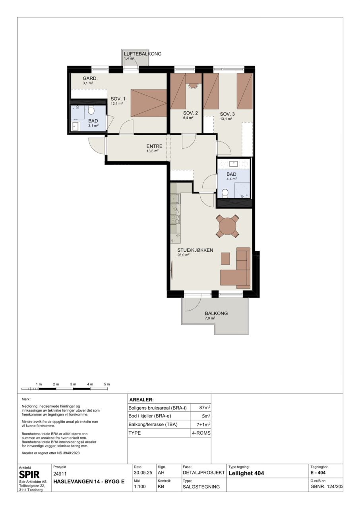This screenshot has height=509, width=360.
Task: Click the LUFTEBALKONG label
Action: [143, 54]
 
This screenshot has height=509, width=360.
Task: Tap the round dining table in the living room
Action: [227, 227]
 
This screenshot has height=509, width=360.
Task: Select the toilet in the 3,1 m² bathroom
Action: [91, 110]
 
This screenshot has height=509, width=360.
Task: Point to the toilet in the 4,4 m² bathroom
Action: [225, 193]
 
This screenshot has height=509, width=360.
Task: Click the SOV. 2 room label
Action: [190, 113]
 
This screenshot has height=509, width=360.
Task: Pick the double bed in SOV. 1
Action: [149, 103]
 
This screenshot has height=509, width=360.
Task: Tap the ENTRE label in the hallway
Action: [154, 146]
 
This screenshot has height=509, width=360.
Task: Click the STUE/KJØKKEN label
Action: [195, 250]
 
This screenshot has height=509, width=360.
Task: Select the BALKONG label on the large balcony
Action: [216, 313]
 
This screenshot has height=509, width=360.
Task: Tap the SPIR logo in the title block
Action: [29, 475]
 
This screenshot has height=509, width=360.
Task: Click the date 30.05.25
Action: [143, 473]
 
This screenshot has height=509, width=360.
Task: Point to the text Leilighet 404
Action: [246, 473]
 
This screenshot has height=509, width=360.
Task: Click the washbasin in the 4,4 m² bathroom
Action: [233, 163]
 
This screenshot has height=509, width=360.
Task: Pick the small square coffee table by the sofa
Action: [225, 258]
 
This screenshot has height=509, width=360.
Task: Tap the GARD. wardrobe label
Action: [90, 79]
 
